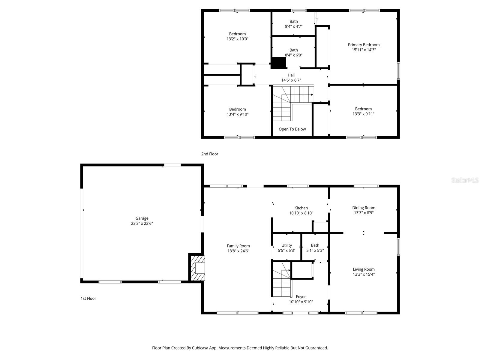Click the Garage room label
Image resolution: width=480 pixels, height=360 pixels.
[142, 218]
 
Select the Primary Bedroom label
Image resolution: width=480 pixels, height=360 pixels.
[364, 45]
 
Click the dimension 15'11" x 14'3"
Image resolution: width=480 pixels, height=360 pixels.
[364, 50]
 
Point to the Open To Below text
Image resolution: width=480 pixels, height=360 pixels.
[292, 129]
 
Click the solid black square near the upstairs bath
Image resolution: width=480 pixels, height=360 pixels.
[279, 63]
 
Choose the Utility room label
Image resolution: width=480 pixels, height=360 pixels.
[286, 245]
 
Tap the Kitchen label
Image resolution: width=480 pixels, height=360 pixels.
[301, 208]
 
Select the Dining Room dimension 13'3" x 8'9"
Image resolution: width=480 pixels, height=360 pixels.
[364, 213]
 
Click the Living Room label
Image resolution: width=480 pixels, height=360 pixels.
[364, 269]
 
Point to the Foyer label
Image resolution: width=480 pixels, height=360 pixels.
[301, 297]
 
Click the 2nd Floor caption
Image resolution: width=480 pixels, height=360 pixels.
[210, 154]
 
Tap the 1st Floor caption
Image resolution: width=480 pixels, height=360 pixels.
[88, 298]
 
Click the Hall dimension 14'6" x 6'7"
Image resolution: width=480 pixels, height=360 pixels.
[291, 80]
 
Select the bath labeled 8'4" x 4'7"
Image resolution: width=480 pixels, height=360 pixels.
[294, 24]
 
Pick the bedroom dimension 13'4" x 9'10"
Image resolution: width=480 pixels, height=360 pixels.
[238, 114]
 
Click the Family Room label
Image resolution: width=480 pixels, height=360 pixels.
[238, 246]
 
